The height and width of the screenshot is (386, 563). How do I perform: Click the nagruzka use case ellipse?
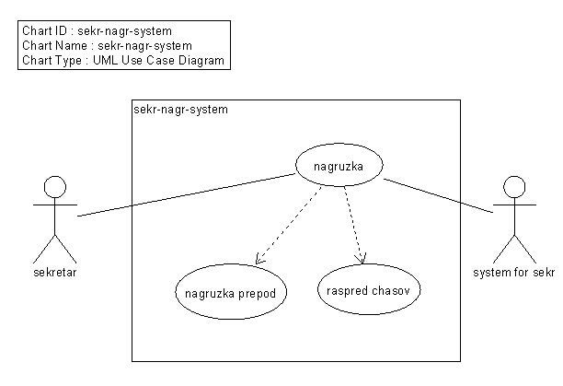pyautogui.click(x=339, y=144)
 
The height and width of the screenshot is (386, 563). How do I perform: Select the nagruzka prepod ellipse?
pyautogui.click(x=231, y=264)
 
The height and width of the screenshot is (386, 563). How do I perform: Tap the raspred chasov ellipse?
pyautogui.click(x=369, y=265)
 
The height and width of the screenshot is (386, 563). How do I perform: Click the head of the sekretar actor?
pyautogui.click(x=55, y=187)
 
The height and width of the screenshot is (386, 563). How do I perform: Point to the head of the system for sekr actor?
pyautogui.click(x=514, y=187)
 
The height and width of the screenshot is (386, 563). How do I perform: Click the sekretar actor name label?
pyautogui.click(x=55, y=273)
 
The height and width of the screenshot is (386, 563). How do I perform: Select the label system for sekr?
pyautogui.click(x=514, y=273)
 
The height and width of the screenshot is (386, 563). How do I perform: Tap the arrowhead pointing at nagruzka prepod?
pyautogui.click(x=259, y=260)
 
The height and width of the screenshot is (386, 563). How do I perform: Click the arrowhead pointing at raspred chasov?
pyautogui.click(x=361, y=259)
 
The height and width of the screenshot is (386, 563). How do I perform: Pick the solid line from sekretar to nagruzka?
pyautogui.click(x=187, y=195)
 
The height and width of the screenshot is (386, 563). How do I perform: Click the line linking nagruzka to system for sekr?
pyautogui.click(x=439, y=195)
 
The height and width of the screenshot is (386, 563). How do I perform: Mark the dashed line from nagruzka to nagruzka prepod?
pyautogui.click(x=288, y=226)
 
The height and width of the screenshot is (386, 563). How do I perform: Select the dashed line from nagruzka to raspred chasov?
pyautogui.click(x=353, y=226)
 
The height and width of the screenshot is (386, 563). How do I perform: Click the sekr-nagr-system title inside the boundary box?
pyautogui.click(x=180, y=110)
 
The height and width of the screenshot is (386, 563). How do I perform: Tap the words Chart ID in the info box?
pyautogui.click(x=44, y=31)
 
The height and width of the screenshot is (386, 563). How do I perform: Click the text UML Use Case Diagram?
pyautogui.click(x=159, y=60)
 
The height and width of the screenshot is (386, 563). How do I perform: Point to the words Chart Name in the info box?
pyautogui.click(x=54, y=46)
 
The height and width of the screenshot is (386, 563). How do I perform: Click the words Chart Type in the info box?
pyautogui.click(x=52, y=61)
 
